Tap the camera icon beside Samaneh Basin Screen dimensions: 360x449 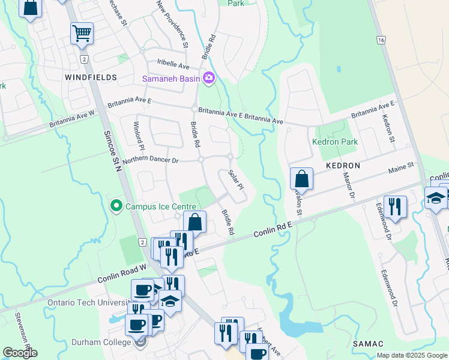(x=209, y=77)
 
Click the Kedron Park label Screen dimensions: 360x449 (x=334, y=142)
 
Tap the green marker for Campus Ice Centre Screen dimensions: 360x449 (x=116, y=206)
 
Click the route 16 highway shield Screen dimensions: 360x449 (x=381, y=40)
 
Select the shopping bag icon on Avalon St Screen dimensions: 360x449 (x=302, y=179)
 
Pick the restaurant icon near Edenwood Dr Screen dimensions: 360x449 (x=395, y=207)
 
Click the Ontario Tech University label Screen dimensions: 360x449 (x=87, y=302)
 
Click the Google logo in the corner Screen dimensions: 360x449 (x=20, y=352)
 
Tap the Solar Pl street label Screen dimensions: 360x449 (x=236, y=179)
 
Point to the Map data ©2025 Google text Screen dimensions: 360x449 (x=411, y=355)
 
